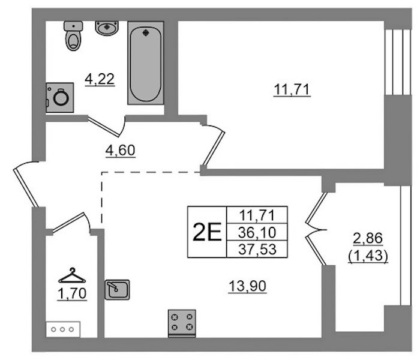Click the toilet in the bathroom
[73, 36]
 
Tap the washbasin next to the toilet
[107, 28]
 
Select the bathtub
[146, 63]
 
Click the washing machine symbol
[60, 97]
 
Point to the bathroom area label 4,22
[100, 80]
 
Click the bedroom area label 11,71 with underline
[292, 90]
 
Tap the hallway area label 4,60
[120, 151]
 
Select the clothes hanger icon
[72, 275]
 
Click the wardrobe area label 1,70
[72, 294]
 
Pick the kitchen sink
[117, 290]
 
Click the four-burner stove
[182, 323]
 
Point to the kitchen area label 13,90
[247, 286]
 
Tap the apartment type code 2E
[207, 232]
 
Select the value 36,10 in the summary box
[257, 232]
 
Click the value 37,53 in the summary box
[257, 249]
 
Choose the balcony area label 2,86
[368, 239]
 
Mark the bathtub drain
[146, 33]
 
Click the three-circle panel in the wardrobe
[63, 329]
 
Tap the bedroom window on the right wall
[397, 62]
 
